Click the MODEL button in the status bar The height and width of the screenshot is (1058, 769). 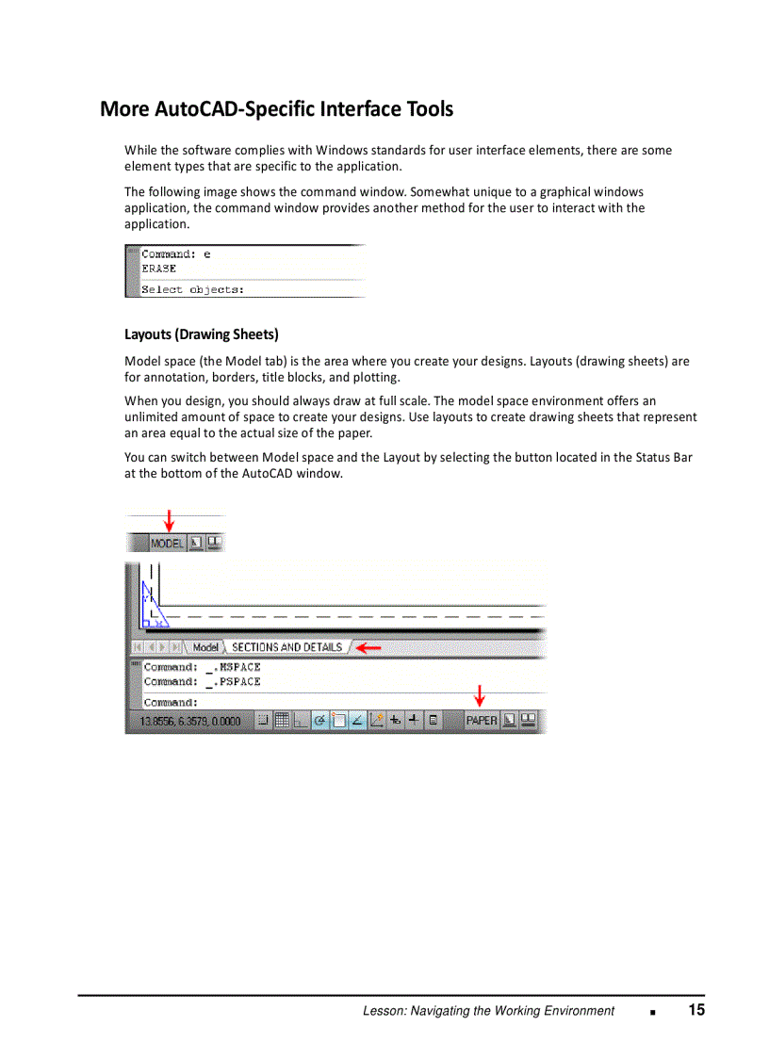167,544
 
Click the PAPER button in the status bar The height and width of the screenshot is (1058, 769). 482,721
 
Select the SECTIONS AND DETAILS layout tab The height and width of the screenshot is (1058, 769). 286,647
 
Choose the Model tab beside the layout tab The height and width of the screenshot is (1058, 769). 205,647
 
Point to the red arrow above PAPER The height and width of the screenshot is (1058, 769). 480,696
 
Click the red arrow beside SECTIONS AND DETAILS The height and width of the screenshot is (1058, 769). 368,648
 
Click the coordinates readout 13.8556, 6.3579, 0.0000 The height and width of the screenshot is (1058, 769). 190,722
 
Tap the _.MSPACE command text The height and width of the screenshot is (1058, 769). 239,667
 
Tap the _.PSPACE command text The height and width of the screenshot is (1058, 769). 239,681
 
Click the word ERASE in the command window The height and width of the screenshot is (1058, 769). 158,269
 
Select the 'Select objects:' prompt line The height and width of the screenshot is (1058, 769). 192,290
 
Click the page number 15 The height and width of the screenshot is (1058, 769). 696,1010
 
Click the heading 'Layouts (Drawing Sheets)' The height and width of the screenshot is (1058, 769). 202,334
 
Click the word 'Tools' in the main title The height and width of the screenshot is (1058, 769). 430,109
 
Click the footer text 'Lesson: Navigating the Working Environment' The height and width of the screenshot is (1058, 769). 488,1011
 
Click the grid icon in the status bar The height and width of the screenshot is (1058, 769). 281,721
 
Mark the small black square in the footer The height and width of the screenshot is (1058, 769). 652,1012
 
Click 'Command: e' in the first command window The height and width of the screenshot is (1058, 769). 176,253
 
